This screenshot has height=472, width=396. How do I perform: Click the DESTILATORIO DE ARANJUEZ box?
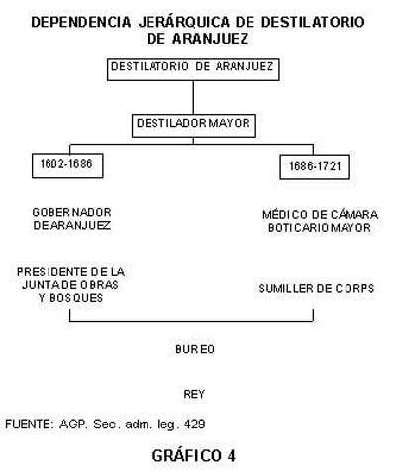click(193, 69)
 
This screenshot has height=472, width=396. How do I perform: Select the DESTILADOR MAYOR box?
click(194, 126)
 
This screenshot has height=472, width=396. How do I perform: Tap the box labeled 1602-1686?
click(67, 166)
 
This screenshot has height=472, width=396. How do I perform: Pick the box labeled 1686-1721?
click(315, 167)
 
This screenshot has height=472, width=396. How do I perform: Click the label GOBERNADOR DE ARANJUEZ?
click(71, 219)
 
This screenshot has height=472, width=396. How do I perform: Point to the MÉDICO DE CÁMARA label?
click(320, 215)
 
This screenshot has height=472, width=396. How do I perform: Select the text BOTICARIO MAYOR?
click(320, 228)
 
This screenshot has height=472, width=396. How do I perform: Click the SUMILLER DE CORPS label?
click(317, 289)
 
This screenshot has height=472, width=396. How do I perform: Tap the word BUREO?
click(195, 349)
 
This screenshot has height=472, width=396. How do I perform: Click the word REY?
click(194, 394)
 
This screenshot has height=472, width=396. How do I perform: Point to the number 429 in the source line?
click(195, 424)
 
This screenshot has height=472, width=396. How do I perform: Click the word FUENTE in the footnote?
click(28, 424)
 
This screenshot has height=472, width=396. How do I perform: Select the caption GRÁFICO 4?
click(194, 456)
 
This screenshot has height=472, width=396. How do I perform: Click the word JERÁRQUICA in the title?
click(184, 22)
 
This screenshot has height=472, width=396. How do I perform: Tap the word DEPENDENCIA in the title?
click(81, 22)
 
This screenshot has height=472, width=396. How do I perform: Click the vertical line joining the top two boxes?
click(193, 97)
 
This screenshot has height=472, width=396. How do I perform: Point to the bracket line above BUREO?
click(191, 321)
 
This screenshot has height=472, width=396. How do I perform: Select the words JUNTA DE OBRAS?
click(70, 285)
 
